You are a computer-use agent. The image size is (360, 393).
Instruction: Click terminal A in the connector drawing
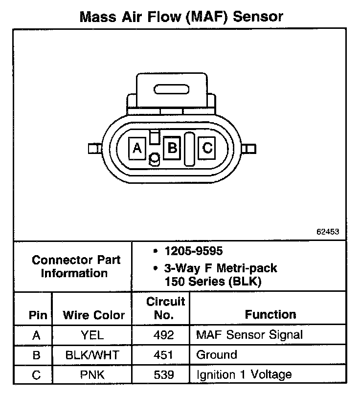[137, 148]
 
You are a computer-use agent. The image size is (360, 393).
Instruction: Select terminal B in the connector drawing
[172, 147]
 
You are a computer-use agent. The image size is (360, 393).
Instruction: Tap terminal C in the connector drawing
[207, 147]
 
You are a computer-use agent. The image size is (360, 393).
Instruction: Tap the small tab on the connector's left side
[92, 148]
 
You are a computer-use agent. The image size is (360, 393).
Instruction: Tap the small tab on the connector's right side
[250, 148]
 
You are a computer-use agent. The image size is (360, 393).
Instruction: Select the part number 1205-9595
[194, 251]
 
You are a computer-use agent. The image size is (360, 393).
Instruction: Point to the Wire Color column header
[93, 315]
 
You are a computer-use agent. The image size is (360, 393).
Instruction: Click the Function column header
[270, 314]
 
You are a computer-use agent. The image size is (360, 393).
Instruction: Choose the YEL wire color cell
[92, 335]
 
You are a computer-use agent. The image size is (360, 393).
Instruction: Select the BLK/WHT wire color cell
[92, 355]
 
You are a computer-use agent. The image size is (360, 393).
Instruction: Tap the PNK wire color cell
[92, 375]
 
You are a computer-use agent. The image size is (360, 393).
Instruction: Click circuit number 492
[163, 335]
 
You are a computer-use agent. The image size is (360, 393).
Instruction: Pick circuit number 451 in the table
[163, 355]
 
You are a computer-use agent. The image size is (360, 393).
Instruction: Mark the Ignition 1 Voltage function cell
[244, 375]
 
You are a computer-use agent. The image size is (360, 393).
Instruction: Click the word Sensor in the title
[258, 17]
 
